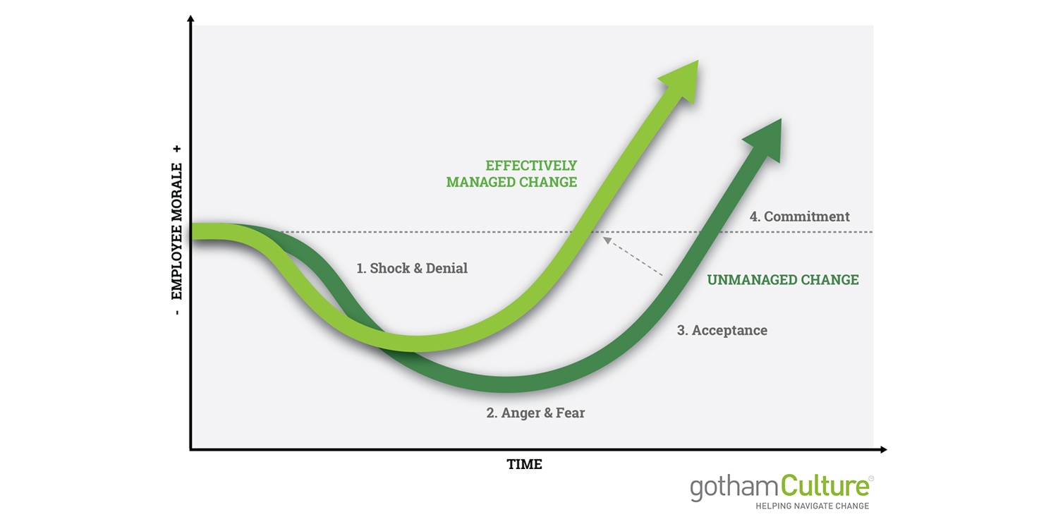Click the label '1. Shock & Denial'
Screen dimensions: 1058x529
click(412, 268)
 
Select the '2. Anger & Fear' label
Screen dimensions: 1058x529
click(535, 413)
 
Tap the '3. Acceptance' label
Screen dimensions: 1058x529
click(722, 330)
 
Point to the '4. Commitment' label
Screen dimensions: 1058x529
click(800, 217)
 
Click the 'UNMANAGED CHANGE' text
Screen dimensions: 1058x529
click(783, 279)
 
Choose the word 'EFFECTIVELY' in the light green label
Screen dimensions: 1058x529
click(531, 166)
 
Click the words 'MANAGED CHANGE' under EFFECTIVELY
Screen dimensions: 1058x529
click(511, 182)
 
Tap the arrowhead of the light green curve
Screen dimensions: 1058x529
click(681, 80)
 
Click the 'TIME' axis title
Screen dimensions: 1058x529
click(524, 464)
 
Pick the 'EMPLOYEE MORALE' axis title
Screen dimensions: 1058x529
click(176, 231)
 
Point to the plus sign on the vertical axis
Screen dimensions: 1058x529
click(177, 149)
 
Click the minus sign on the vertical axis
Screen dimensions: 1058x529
click(177, 312)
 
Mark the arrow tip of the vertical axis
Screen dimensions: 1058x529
click(190, 16)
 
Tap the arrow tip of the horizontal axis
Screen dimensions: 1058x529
click(887, 450)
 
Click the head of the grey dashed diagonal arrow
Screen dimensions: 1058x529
click(607, 241)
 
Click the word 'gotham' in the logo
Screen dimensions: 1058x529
click(734, 488)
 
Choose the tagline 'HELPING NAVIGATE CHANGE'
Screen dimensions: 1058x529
click(813, 506)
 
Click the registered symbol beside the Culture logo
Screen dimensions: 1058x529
click(871, 478)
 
